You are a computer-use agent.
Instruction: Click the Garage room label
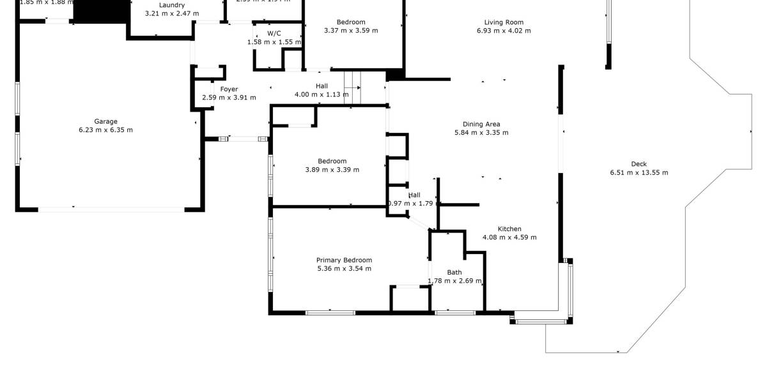105,121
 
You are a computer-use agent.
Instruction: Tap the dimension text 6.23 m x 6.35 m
105,130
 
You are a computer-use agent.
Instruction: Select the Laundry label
172,5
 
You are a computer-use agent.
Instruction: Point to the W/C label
274,33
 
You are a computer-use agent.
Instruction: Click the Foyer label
229,89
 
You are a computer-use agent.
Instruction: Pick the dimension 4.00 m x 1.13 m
322,94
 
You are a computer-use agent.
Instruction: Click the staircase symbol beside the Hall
353,87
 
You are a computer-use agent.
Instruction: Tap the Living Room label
504,22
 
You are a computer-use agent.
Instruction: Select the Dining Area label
481,124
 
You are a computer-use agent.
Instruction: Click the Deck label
639,164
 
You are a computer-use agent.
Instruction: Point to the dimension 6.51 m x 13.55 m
639,172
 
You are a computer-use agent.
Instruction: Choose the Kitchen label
509,229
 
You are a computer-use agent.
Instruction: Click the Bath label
454,273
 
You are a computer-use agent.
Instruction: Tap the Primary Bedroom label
344,260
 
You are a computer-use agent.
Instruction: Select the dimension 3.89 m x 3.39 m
332,170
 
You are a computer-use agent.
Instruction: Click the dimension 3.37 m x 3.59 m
351,31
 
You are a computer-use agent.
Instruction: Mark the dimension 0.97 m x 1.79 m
414,204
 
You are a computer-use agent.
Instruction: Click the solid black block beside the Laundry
100,11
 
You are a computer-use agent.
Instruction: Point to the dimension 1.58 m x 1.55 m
274,41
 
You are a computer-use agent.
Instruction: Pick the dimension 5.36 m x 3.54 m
344,268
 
